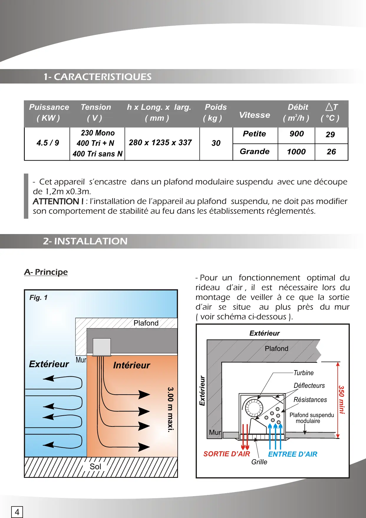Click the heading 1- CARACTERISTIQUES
tap(98, 77)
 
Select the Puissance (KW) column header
tap(49, 112)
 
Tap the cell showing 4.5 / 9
tap(48, 143)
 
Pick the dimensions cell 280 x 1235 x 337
tap(160, 143)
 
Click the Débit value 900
tap(296, 134)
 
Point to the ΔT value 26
tap(331, 152)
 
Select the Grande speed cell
tap(255, 152)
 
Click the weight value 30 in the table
tap(216, 143)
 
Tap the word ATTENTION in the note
tap(58, 201)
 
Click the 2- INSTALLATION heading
tap(85, 241)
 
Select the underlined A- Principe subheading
tap(46, 272)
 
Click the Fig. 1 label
tap(38, 298)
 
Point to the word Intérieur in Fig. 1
tap(131, 365)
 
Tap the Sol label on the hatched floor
tap(95, 467)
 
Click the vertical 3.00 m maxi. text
tap(170, 410)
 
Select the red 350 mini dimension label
tap(341, 400)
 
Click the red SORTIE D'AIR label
tap(227, 454)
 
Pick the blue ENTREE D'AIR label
tap(293, 454)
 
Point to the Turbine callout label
tap(304, 373)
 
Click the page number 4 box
tap(17, 512)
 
